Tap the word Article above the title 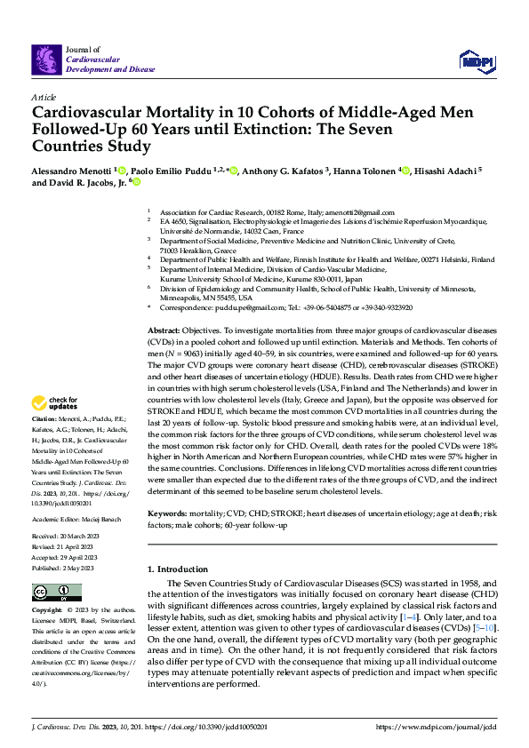(x=44, y=97)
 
